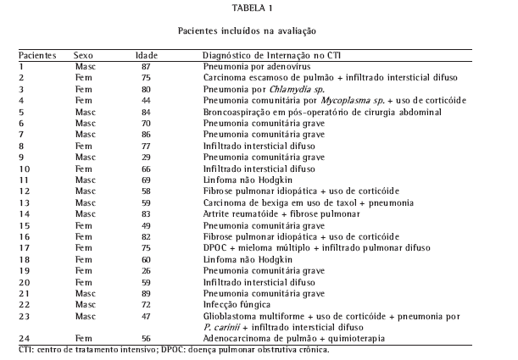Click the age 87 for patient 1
tap(146, 65)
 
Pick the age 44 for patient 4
tap(146, 100)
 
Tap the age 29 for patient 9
tap(146, 158)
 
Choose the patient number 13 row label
tap(25, 203)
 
